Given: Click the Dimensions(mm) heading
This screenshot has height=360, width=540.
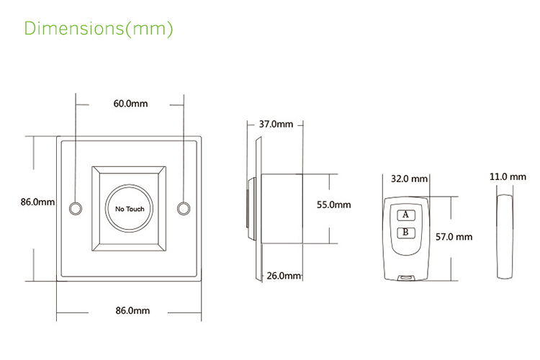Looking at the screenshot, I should click(99, 29).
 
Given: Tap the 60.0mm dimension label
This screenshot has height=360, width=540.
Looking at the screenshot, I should click(130, 104).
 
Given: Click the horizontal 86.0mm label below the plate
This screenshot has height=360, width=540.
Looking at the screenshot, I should click(132, 311).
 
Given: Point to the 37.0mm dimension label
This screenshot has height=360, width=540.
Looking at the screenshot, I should click(276, 125).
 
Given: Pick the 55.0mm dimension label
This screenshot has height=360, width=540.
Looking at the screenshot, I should click(334, 205).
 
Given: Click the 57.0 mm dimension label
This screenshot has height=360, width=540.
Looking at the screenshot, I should click(454, 236).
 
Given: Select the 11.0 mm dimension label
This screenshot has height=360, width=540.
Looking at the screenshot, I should click(508, 176).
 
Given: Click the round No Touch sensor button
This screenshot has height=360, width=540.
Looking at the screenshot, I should click(130, 209).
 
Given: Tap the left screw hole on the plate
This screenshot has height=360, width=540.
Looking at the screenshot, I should click(74, 209).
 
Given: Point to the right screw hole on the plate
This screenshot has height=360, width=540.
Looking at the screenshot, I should click(184, 209).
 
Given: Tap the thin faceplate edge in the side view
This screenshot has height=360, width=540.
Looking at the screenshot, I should click(256, 209).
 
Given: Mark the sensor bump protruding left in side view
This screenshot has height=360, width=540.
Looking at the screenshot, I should click(248, 209).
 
